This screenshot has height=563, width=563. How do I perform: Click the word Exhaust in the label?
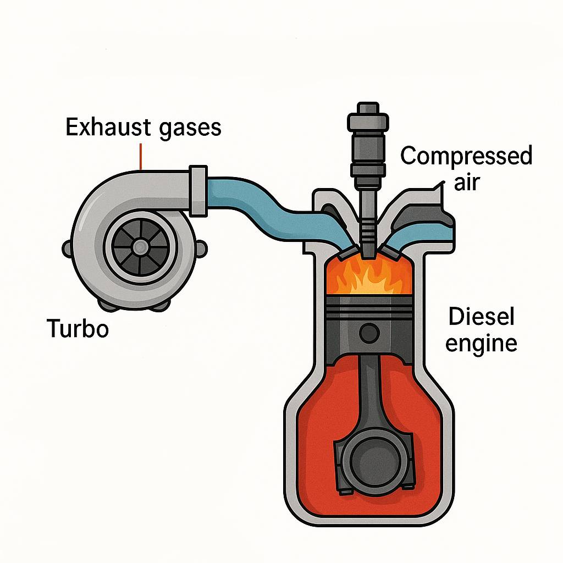point(105,128)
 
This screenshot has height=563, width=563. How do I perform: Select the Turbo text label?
point(77,329)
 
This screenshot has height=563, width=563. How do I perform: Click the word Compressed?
point(466,156)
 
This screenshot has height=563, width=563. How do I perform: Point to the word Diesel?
point(481,317)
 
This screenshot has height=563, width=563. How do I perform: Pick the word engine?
point(481,344)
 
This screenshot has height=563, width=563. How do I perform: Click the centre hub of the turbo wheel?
point(140,245)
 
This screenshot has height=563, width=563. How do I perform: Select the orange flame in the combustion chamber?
point(369,278)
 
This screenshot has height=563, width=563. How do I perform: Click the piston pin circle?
point(369,332)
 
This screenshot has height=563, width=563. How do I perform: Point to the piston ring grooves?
point(369,308)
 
